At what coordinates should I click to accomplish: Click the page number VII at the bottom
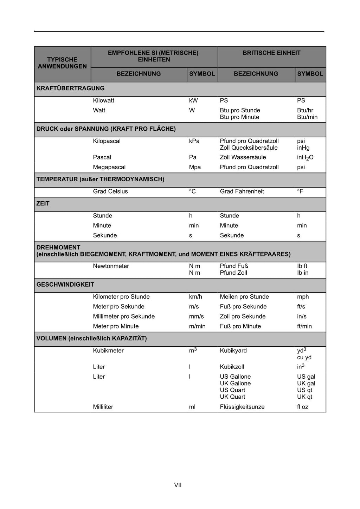point(178,485)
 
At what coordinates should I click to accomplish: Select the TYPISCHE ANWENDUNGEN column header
point(62,63)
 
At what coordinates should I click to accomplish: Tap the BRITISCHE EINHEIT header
point(271,53)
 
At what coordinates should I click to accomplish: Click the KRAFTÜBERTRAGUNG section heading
point(70,89)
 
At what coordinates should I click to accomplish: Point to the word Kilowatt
point(104,100)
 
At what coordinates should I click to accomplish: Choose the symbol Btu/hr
point(305,110)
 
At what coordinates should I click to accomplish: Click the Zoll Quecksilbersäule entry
point(249,148)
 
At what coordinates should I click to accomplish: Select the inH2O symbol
point(305,158)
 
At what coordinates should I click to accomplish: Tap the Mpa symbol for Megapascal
point(195,167)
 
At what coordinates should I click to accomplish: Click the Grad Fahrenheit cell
point(242,191)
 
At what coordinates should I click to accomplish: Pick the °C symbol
point(192,191)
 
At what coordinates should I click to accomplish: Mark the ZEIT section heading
point(43,204)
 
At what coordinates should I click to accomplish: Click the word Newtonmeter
point(111,266)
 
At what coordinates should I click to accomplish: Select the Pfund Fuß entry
point(234,266)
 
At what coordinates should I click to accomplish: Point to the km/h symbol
point(195,297)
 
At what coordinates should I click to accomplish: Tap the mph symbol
point(303,297)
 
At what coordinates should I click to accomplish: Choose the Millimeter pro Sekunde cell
point(124,317)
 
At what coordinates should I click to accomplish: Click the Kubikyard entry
point(233,351)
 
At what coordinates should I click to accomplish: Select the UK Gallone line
point(235,384)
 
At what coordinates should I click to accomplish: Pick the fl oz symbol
point(302,407)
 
